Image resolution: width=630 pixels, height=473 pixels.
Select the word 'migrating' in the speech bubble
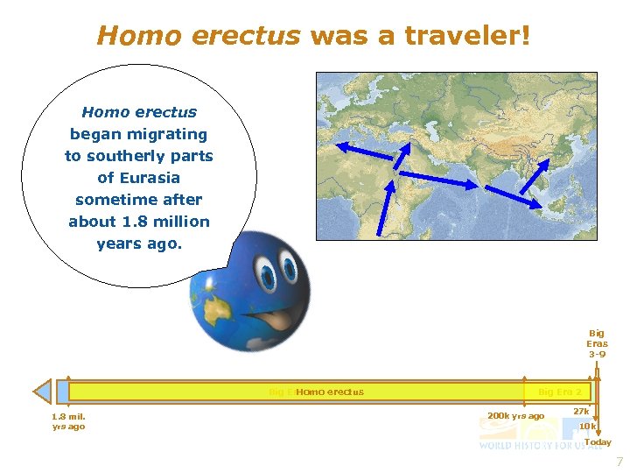(166, 134)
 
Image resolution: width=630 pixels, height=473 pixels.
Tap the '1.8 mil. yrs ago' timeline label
(68, 421)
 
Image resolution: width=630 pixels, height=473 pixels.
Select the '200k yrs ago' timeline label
(515, 415)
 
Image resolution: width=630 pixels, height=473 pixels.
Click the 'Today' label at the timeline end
(598, 442)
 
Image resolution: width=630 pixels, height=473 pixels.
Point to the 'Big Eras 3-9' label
(597, 343)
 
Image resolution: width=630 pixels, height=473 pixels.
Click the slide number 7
(619, 462)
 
